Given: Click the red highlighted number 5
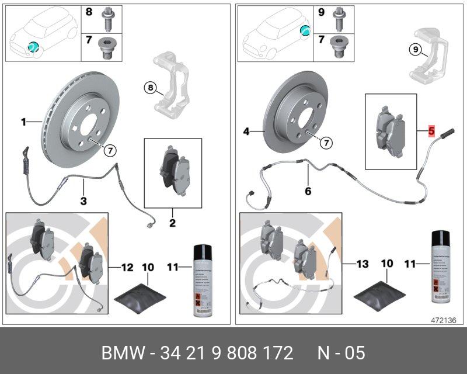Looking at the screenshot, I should click(431, 131).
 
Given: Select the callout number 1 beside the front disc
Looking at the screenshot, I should click(24, 122).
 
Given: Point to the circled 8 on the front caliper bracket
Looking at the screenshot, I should click(150, 88).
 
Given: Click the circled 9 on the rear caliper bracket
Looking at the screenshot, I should click(413, 50).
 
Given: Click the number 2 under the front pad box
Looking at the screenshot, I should click(173, 223).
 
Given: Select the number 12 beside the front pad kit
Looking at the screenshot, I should click(127, 267).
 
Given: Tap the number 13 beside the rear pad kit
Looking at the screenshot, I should click(363, 264).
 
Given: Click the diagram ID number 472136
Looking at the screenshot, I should click(444, 320).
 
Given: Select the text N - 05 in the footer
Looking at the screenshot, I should click(341, 353).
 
